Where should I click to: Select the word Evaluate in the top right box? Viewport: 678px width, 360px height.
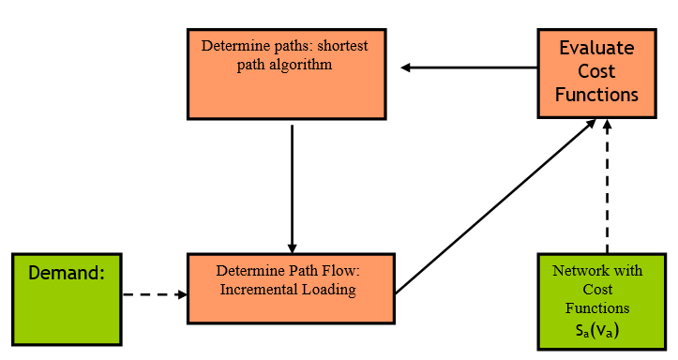[x=596, y=49]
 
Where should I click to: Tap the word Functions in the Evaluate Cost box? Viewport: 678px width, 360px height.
[x=596, y=95]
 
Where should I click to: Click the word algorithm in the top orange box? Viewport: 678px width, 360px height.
[x=300, y=67]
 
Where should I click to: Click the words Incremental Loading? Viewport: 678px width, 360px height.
[x=288, y=290]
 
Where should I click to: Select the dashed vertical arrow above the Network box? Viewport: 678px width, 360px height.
[x=608, y=187]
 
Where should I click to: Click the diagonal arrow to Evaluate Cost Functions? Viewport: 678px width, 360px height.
[x=497, y=206]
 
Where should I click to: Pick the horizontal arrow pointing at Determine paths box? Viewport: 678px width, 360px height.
[x=469, y=67]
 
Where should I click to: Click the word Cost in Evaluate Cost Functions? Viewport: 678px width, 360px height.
[x=596, y=71]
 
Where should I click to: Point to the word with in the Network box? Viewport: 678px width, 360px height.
[x=629, y=271]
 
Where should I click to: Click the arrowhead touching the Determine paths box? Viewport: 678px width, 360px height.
[x=407, y=67]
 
